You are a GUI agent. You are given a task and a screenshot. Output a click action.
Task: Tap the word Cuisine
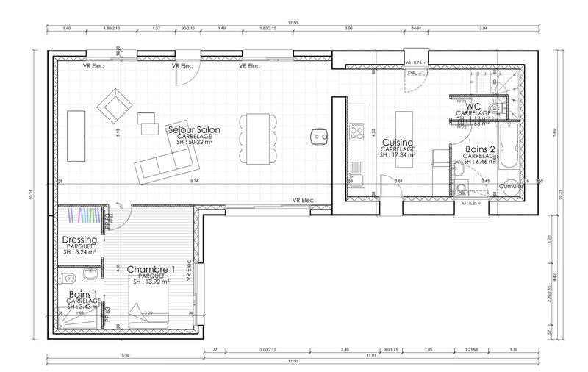[x=398, y=142]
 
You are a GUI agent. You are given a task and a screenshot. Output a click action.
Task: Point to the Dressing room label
[x=80, y=240]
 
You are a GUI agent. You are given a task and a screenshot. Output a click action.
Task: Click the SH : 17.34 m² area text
[x=398, y=156]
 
